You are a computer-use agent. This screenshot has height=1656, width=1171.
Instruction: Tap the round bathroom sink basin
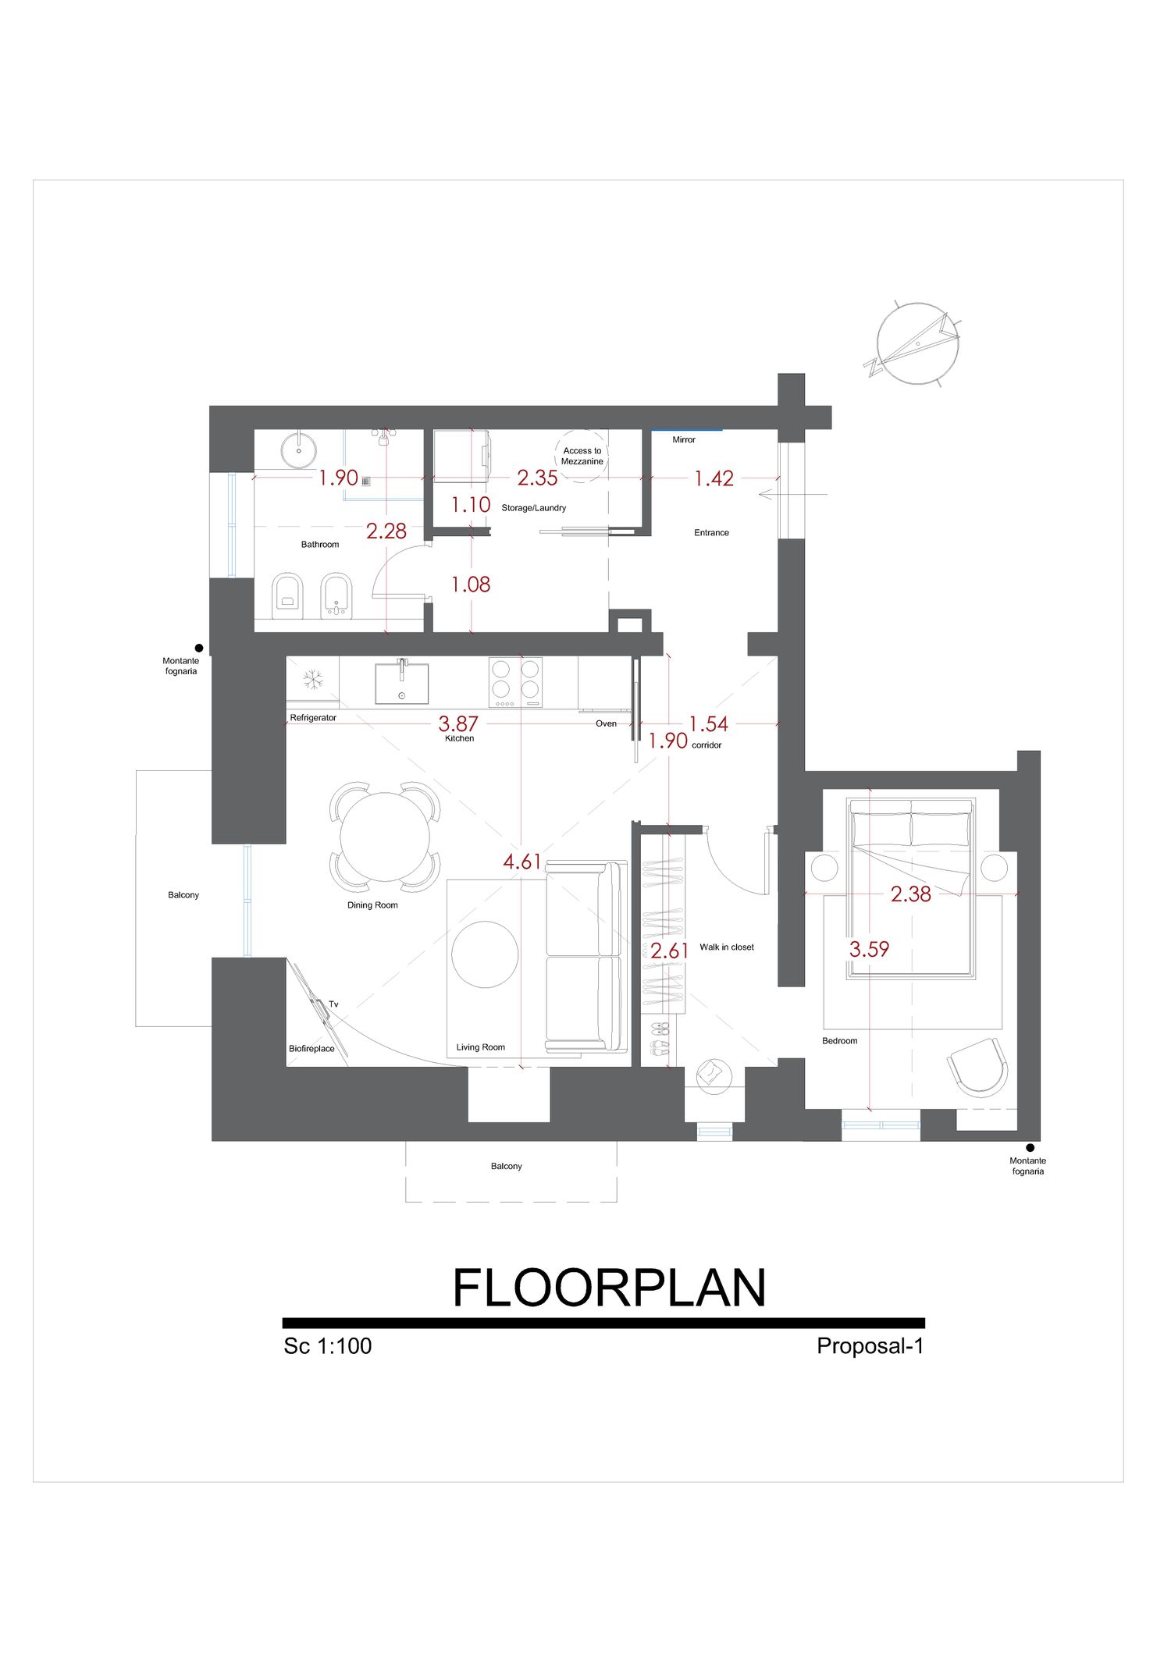tap(298, 450)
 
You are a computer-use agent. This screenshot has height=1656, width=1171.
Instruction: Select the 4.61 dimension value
tap(522, 862)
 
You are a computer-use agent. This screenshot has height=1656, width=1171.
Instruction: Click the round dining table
tap(385, 837)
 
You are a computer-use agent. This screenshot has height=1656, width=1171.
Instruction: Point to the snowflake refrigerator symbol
tap(313, 680)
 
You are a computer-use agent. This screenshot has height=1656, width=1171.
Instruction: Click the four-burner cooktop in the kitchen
tap(515, 682)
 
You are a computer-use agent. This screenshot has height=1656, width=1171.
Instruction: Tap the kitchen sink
tap(402, 684)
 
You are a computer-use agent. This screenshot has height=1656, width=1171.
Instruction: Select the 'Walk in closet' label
tap(727, 947)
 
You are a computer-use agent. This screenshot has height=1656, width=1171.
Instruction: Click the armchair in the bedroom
tap(978, 1066)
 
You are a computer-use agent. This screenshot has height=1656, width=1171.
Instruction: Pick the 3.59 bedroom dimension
tap(870, 949)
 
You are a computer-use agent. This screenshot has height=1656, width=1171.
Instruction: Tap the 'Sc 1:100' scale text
tap(328, 1346)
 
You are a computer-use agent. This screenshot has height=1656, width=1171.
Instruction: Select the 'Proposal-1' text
tap(870, 1346)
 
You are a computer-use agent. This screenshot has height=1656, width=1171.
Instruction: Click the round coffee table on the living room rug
tap(485, 954)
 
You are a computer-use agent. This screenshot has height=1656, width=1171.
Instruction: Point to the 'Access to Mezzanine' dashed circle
tap(582, 456)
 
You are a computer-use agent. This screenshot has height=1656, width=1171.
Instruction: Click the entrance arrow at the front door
tap(792, 495)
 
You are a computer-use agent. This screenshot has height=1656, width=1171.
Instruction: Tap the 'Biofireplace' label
tap(311, 1049)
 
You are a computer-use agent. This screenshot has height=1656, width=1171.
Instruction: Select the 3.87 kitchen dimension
tap(458, 723)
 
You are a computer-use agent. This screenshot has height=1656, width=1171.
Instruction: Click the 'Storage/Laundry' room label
tap(534, 508)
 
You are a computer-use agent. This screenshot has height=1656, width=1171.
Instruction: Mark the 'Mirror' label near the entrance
tap(684, 440)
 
